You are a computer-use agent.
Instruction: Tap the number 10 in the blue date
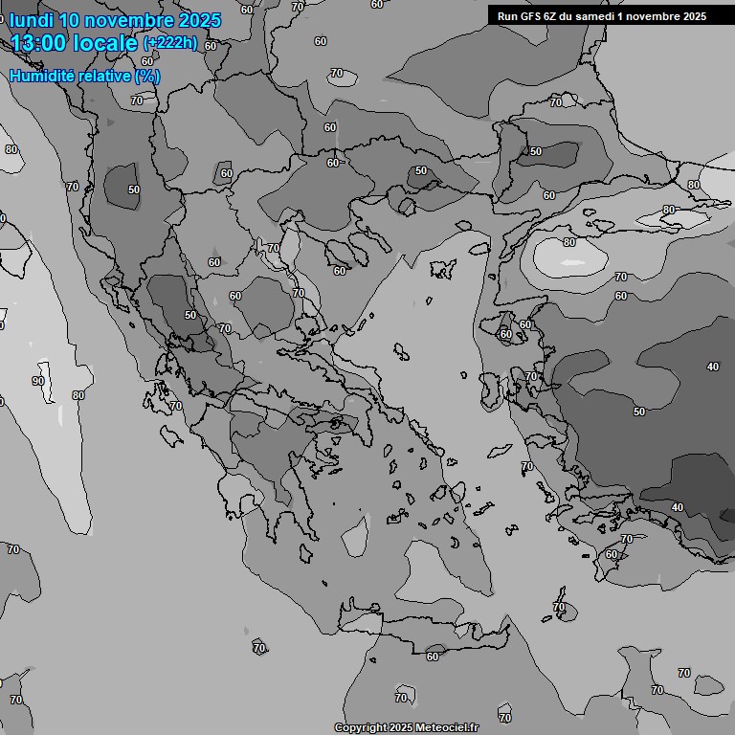click(x=72, y=20)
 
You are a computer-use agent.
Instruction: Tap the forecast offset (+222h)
click(x=169, y=43)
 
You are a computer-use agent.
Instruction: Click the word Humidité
click(x=45, y=76)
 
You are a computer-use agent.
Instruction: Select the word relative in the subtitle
click(x=107, y=76)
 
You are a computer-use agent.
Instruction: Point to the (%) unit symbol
click(x=147, y=76)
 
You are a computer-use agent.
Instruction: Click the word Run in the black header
click(x=507, y=16)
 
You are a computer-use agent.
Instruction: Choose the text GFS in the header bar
click(x=531, y=16)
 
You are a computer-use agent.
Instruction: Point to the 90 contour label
click(x=38, y=381)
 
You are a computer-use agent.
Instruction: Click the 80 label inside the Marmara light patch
click(x=569, y=243)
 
